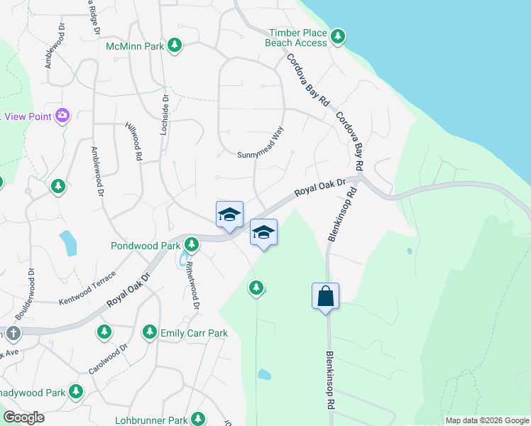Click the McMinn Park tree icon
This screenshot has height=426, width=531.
[175, 46]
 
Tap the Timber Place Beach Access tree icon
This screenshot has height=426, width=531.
[339, 35]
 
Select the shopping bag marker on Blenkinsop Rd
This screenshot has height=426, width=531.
[325, 295]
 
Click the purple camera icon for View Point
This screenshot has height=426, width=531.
[62, 115]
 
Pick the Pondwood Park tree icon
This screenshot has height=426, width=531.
[191, 245]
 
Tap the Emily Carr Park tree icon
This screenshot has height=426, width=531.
[149, 332]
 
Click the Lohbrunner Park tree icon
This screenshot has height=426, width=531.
[198, 419]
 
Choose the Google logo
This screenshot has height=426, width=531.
[23, 417]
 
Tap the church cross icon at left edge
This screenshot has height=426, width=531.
[13, 333]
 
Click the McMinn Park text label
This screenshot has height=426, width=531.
[135, 46]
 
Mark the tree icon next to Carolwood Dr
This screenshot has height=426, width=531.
[104, 332]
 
